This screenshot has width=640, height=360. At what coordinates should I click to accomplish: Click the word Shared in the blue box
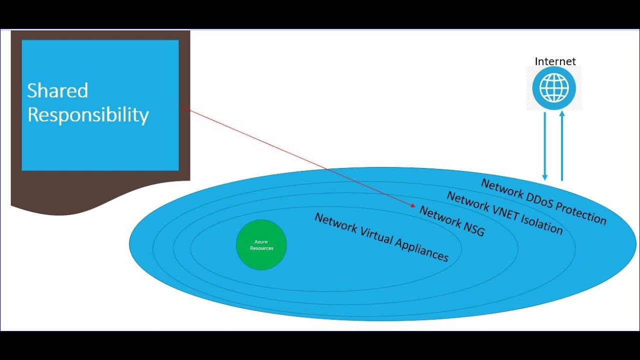click(57, 90)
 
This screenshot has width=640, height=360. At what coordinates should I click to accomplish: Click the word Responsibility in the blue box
click(88, 115)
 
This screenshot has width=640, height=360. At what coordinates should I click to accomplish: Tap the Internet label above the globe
click(555, 61)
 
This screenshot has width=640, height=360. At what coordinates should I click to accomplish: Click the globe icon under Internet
click(554, 88)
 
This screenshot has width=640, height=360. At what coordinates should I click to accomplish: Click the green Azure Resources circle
click(261, 244)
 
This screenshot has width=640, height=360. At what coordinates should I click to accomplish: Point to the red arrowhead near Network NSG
click(413, 205)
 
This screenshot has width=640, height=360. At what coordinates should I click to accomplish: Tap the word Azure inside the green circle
click(261, 242)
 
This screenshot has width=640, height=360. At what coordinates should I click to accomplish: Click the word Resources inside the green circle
click(261, 248)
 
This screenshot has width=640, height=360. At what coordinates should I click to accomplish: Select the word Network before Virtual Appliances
click(334, 223)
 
